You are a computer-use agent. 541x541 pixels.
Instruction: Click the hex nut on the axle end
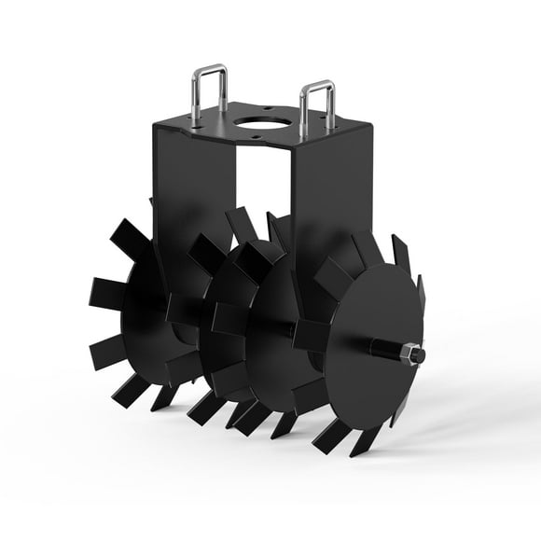point(408,355)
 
